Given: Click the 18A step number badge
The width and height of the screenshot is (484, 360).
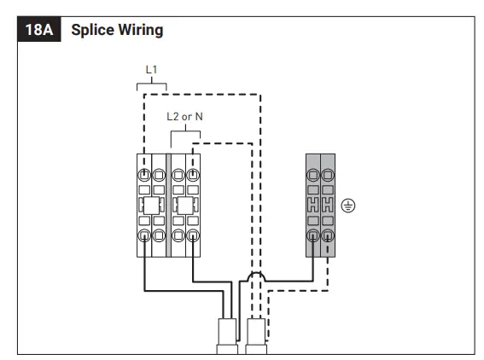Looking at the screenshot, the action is click(39, 29).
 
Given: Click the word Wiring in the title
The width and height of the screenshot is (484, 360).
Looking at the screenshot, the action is click(141, 30).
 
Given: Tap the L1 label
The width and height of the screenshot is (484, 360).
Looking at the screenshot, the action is click(151, 70).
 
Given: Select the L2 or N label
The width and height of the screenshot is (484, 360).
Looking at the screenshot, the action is click(184, 117).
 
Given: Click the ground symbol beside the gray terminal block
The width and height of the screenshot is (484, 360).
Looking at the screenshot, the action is click(348, 206).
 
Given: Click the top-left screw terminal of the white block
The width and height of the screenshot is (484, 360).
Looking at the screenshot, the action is click(144, 175).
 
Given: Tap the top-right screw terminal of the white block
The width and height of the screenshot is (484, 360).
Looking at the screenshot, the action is click(193, 175).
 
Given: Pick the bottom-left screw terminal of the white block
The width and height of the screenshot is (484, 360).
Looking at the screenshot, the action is click(144, 235).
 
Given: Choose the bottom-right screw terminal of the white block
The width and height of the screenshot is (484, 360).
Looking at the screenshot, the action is click(193, 235).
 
